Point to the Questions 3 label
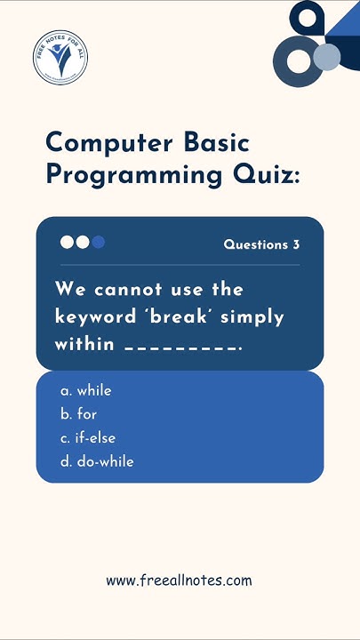[261, 244]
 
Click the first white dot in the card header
[68, 242]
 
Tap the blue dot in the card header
[98, 242]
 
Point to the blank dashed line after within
[182, 347]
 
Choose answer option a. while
[86, 390]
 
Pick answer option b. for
[79, 414]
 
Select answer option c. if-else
[88, 438]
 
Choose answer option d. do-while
[97, 461]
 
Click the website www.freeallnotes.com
[179, 580]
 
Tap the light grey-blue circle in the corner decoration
[326, 58]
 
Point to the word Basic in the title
[217, 143]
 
